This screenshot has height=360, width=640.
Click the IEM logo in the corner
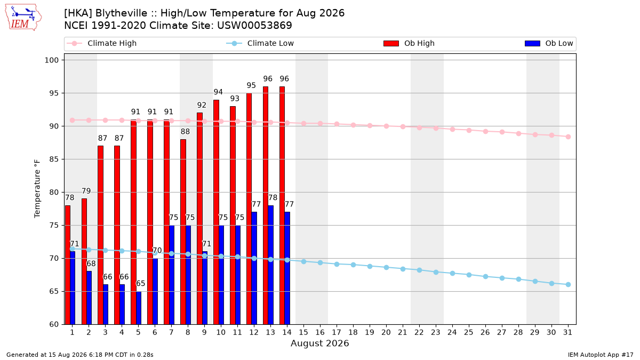click(x=23, y=17)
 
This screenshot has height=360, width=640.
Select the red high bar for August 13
click(x=266, y=205)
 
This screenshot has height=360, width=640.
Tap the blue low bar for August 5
click(x=139, y=308)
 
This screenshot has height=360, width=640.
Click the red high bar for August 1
click(x=67, y=265)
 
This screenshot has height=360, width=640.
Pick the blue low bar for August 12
click(x=254, y=268)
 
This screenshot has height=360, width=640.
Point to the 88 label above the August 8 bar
click(x=185, y=131)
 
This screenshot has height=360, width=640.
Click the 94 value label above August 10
click(x=218, y=92)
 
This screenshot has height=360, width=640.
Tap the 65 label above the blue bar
click(x=140, y=283)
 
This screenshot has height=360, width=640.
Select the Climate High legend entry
click(x=101, y=43)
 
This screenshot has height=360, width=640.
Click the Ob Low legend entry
click(x=549, y=43)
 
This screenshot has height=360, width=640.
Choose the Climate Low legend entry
click(x=260, y=43)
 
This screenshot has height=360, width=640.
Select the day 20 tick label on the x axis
click(x=386, y=332)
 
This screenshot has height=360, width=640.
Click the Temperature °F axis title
click(x=37, y=189)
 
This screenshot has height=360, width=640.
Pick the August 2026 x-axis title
click(x=319, y=343)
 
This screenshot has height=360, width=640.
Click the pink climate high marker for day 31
click(x=569, y=137)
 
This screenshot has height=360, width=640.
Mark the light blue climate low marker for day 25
click(x=469, y=275)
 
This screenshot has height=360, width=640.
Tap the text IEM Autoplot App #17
click(x=601, y=355)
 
